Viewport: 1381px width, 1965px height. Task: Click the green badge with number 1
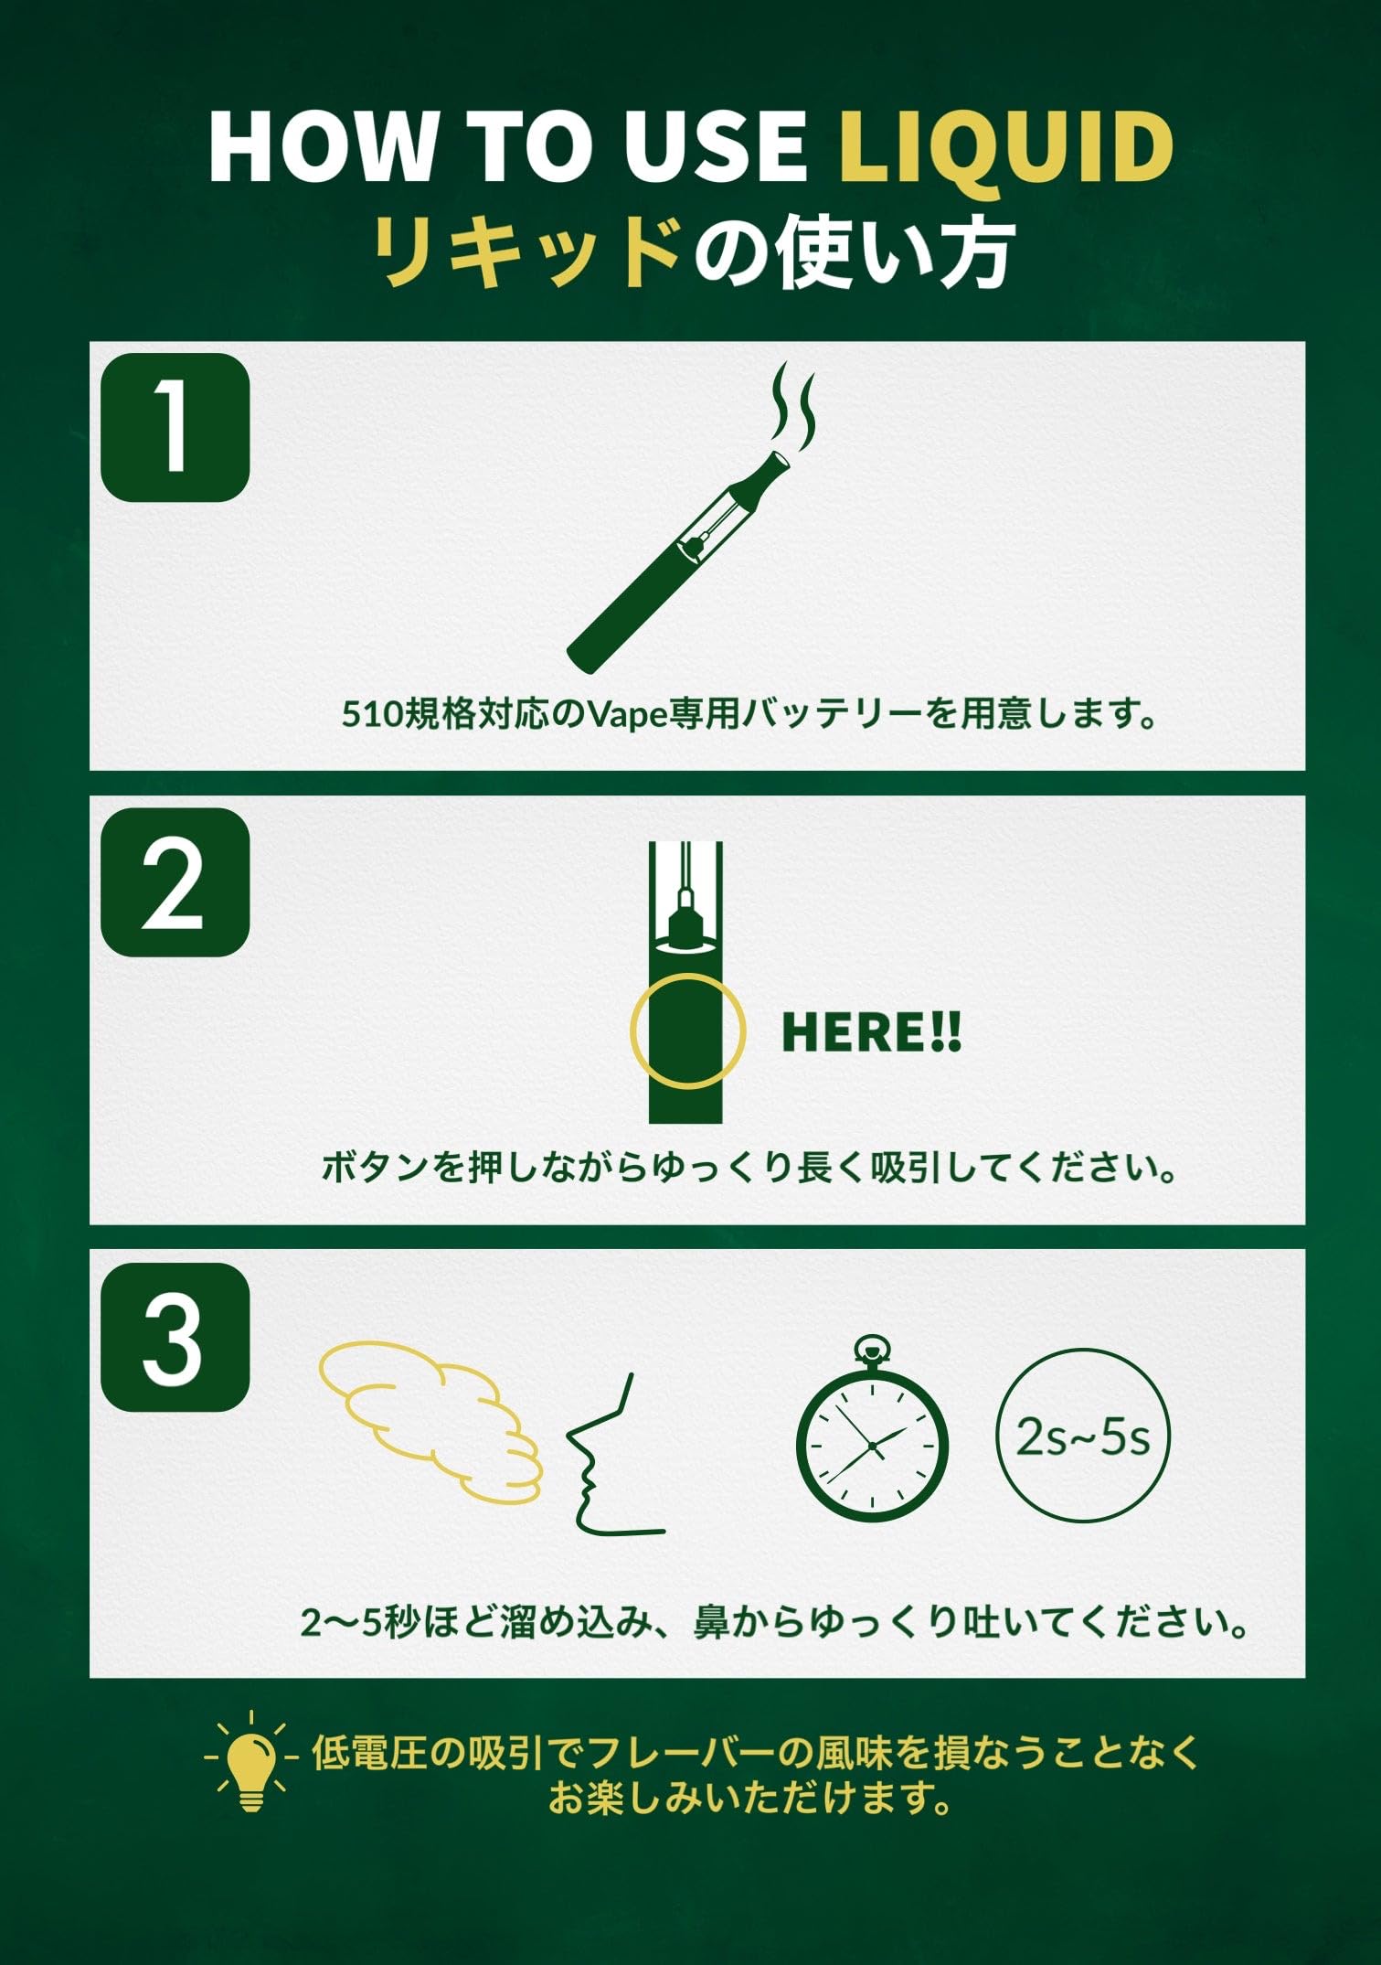click(x=175, y=427)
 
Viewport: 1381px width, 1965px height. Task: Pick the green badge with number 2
click(x=175, y=882)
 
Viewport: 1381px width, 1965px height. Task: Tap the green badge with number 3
click(x=175, y=1337)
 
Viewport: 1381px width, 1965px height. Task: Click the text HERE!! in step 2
click(x=870, y=1032)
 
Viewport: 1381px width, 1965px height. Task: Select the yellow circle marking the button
click(x=687, y=1031)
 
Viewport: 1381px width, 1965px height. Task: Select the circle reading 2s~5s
click(x=1082, y=1438)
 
